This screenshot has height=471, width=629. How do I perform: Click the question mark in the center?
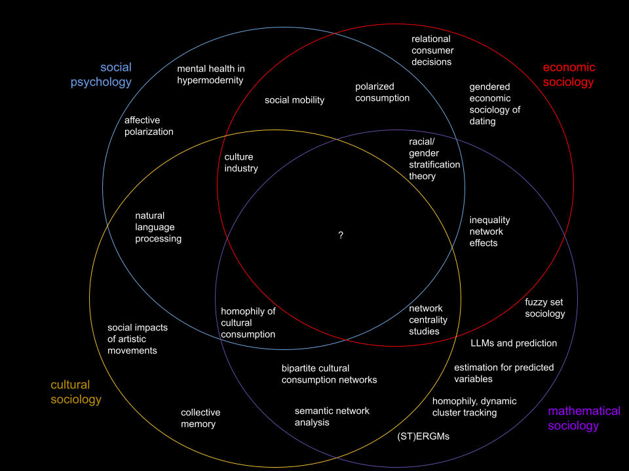(341, 235)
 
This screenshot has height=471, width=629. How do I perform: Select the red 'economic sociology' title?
(569, 75)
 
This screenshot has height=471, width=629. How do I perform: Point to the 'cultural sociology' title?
(76, 392)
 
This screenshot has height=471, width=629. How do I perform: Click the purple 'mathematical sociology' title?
(583, 418)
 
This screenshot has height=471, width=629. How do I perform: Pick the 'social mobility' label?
(294, 100)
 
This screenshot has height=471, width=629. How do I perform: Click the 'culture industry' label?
(241, 162)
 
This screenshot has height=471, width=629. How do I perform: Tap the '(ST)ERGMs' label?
(423, 436)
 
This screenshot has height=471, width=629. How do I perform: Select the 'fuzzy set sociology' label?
(544, 307)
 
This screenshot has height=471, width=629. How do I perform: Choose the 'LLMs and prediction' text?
(514, 343)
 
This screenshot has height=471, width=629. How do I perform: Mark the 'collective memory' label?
(200, 418)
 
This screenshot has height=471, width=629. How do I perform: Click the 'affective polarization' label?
(149, 126)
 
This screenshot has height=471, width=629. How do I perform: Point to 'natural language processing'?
(158, 227)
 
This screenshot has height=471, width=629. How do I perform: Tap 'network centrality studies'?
(428, 319)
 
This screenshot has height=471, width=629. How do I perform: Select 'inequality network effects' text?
(489, 231)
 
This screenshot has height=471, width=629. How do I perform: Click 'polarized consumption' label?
(382, 92)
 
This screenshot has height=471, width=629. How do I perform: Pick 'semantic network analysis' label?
(332, 416)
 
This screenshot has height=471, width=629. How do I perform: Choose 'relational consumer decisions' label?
(432, 50)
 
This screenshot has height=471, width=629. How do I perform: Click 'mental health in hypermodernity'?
(210, 74)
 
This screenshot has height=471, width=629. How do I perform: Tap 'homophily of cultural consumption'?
(248, 323)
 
